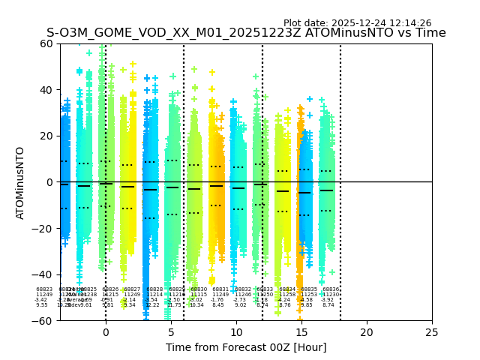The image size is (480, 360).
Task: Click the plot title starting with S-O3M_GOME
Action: pyautogui.click(x=246, y=33)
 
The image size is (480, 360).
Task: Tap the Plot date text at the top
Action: pyautogui.click(x=357, y=23)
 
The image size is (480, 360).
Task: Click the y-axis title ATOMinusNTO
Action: pyautogui.click(x=20, y=182)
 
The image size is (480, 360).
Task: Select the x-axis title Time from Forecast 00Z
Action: pyautogui.click(x=246, y=347)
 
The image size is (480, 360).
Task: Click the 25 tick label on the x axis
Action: pyautogui.click(x=432, y=332)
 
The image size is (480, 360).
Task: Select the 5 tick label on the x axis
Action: pyautogui.click(x=171, y=332)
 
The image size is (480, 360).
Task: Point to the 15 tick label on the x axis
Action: pyautogui.click(x=301, y=332)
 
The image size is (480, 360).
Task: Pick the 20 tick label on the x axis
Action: pyautogui.click(x=367, y=332)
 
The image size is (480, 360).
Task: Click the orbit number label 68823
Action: pyautogui.click(x=44, y=289)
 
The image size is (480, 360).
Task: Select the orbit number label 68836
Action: pyautogui.click(x=331, y=289)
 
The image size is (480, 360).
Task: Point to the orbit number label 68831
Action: pyautogui.click(x=220, y=289)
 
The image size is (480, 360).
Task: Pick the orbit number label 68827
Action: pyautogui.click(x=132, y=289)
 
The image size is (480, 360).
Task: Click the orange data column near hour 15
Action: pyautogui.click(x=300, y=225)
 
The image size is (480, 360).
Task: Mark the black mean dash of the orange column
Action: pyautogui.click(x=304, y=193)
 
